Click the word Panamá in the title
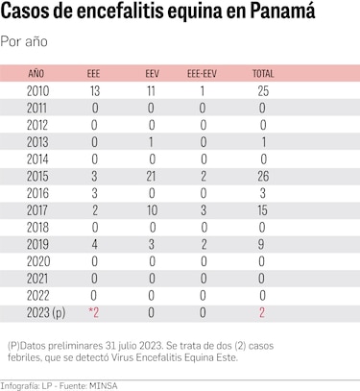click(x=299, y=16)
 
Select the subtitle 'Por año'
click(x=25, y=41)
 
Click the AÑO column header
click(x=36, y=73)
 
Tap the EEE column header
click(x=93, y=73)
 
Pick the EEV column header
click(x=152, y=73)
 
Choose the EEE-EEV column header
click(x=202, y=73)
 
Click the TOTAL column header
click(x=262, y=73)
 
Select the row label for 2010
click(x=37, y=89)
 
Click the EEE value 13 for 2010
click(x=94, y=89)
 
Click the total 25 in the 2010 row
click(x=262, y=89)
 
